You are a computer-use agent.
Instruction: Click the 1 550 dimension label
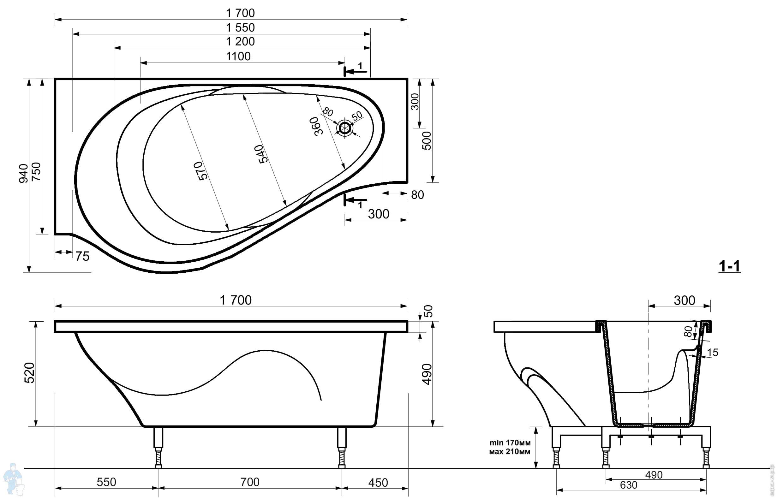pos(240,27)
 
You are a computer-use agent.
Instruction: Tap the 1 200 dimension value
pos(240,41)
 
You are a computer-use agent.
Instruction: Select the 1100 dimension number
pos(238,56)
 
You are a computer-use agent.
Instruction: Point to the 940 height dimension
pos(23,173)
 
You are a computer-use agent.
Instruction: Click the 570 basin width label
pos(200,171)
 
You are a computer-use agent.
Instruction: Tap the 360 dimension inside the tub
pos(316,126)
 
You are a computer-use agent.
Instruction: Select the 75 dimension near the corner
pos(82,256)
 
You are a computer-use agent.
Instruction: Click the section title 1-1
pos(729,266)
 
